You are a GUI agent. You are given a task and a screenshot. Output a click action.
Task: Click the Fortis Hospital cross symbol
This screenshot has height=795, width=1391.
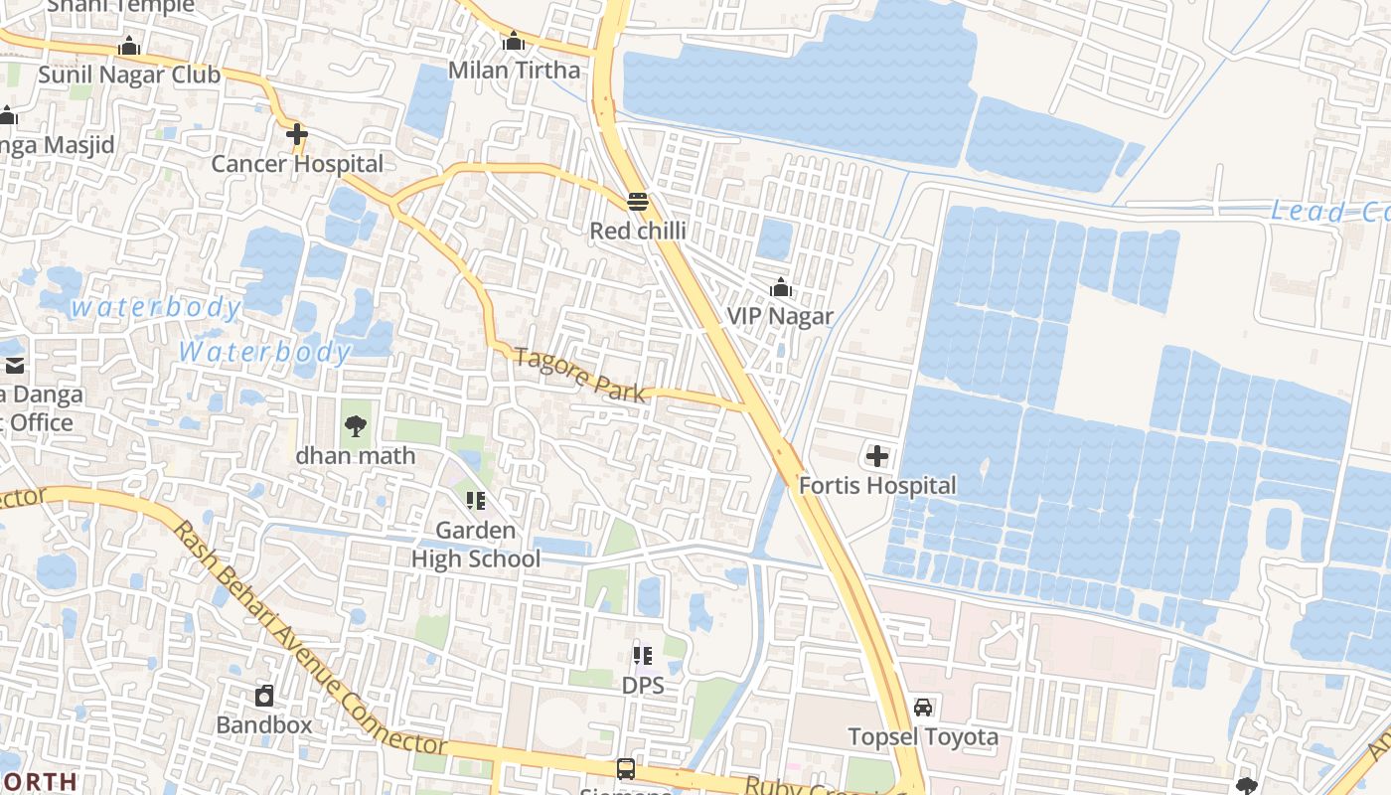(877, 456)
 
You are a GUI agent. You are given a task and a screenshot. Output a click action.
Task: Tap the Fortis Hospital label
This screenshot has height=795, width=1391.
(877, 485)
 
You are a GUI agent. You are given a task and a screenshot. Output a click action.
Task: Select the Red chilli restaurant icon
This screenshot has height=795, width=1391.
(638, 202)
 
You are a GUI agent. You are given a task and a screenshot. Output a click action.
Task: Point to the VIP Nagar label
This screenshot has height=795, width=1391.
(780, 316)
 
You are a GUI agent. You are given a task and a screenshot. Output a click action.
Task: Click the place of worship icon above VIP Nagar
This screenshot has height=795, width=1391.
(781, 288)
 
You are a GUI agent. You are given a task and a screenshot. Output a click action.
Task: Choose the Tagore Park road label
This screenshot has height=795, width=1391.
(580, 375)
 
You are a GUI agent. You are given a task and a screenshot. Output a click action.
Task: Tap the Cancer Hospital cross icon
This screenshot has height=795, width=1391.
(296, 134)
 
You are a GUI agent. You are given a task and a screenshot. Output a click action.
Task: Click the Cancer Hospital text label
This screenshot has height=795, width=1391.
(297, 164)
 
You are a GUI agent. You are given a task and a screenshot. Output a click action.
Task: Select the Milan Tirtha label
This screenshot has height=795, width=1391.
(514, 70)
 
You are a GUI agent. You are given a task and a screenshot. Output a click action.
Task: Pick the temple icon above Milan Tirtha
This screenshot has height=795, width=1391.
(513, 42)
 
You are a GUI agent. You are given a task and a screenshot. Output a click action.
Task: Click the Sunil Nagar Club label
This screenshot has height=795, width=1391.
(129, 75)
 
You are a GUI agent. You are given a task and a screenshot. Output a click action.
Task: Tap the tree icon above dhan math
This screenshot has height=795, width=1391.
(355, 427)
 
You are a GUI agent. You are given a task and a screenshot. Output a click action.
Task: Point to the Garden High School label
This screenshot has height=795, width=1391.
(476, 545)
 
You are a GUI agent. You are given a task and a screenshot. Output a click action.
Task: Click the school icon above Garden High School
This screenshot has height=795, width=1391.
(475, 500)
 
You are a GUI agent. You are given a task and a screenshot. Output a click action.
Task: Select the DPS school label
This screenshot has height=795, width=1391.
(643, 685)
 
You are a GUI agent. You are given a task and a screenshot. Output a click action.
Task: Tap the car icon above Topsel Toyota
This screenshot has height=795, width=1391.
(923, 708)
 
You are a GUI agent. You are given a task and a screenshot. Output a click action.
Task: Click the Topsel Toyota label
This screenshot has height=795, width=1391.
(923, 736)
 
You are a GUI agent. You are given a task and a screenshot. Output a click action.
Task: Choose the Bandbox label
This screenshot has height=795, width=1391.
(264, 724)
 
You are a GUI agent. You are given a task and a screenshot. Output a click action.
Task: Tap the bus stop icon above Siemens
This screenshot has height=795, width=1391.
(626, 768)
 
